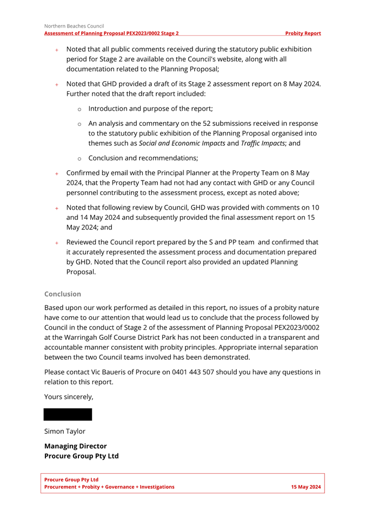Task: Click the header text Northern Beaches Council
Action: (x=74, y=25)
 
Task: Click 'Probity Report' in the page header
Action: (x=303, y=33)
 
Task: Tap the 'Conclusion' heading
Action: (x=63, y=294)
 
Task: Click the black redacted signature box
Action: (x=68, y=415)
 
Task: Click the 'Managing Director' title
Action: (x=75, y=446)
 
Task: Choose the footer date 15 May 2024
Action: (x=306, y=487)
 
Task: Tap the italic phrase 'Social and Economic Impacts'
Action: (x=182, y=143)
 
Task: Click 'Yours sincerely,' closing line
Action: (x=69, y=397)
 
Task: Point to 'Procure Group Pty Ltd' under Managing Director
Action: (x=81, y=456)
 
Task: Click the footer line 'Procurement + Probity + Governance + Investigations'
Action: (x=109, y=487)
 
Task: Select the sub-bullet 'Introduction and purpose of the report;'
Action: (x=150, y=108)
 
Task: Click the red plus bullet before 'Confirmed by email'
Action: (x=56, y=173)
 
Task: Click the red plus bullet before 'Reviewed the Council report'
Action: (x=56, y=243)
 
